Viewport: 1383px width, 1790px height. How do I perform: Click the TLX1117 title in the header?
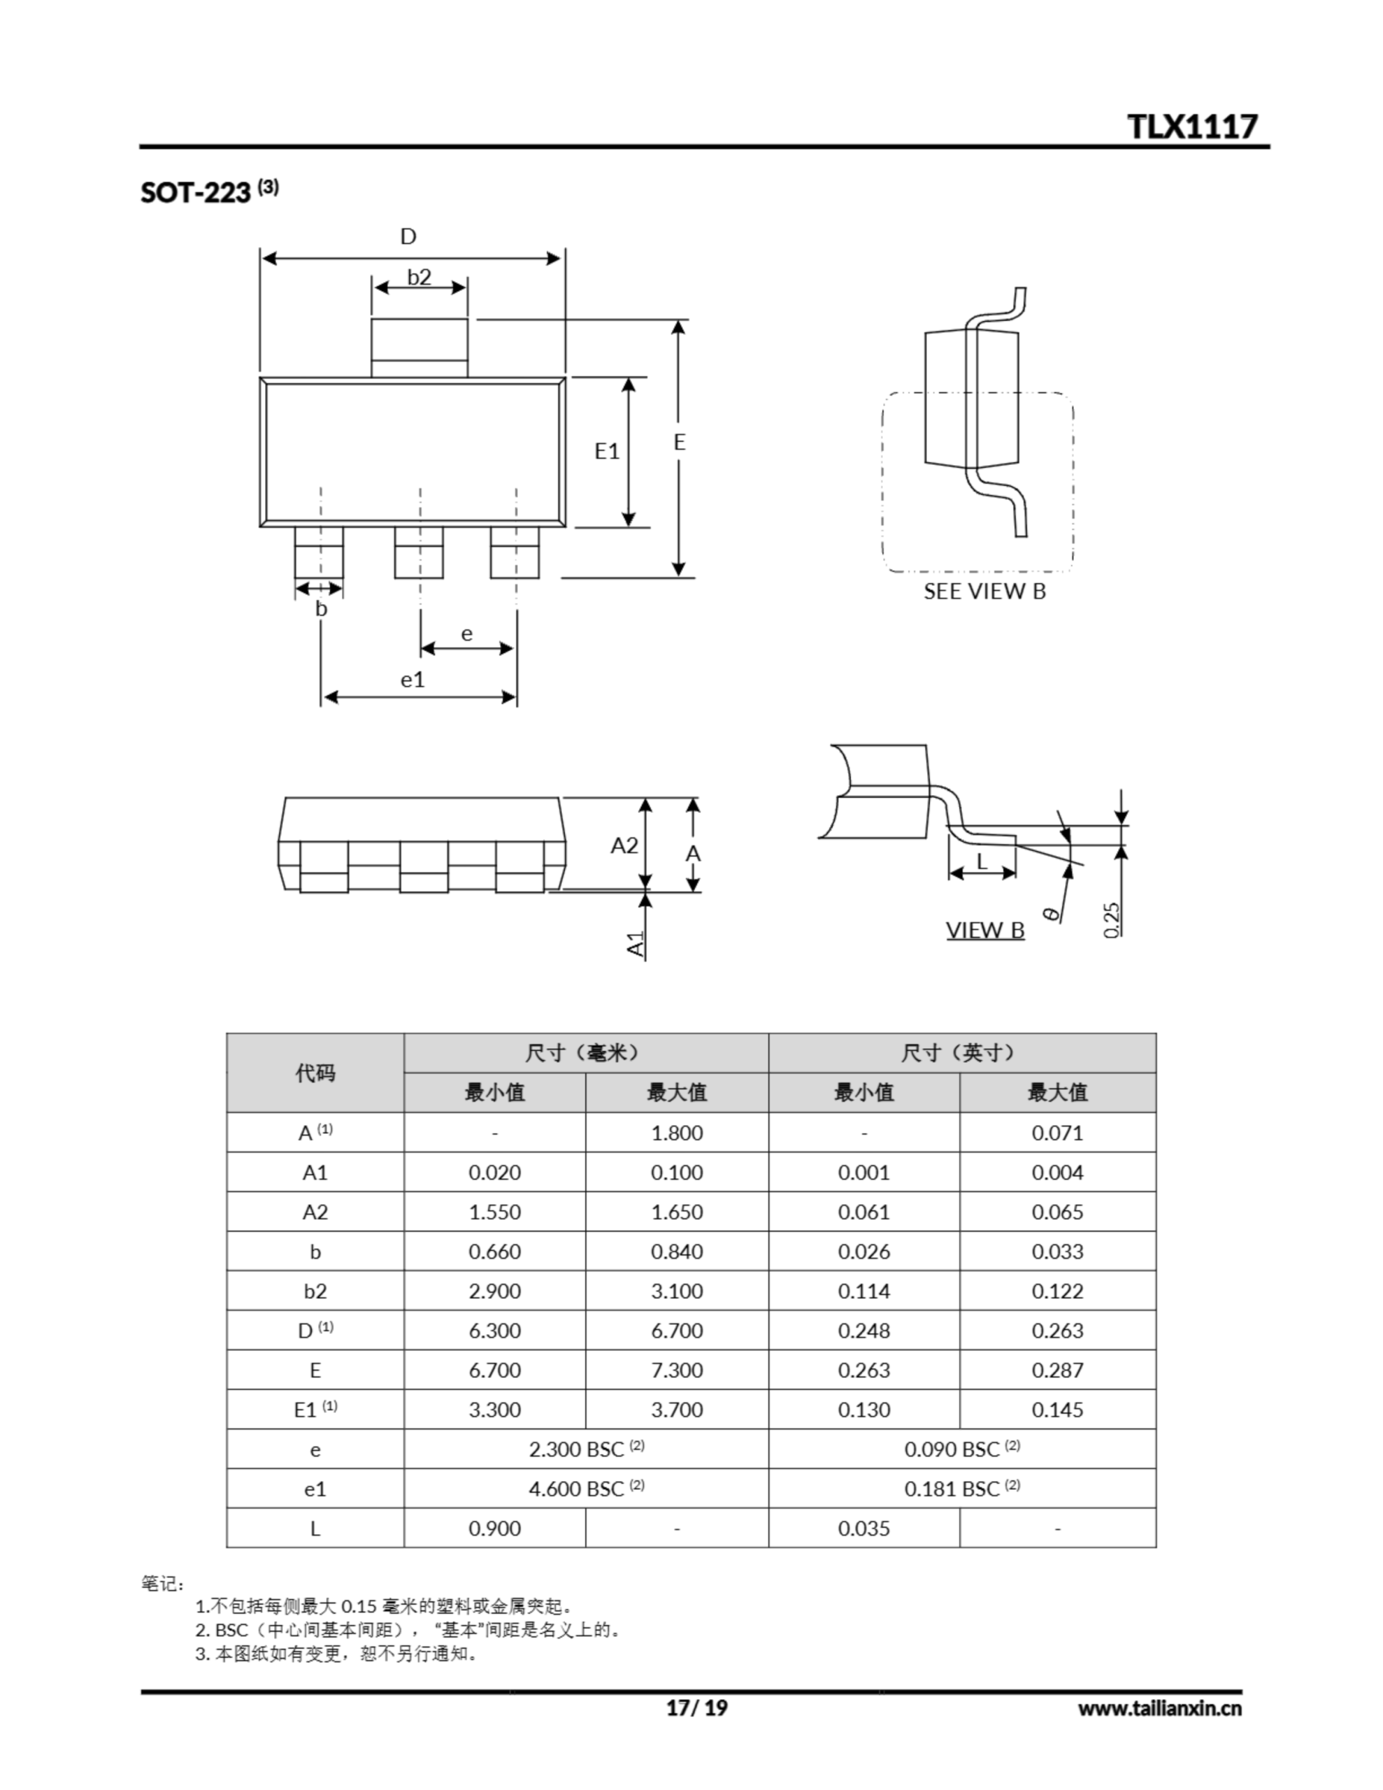(x=1191, y=127)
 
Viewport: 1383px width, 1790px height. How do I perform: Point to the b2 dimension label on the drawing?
(x=419, y=277)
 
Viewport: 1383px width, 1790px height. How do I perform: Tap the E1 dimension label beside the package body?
(x=607, y=451)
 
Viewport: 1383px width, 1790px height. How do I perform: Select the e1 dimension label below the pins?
(x=413, y=680)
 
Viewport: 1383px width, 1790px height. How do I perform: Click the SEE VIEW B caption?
(x=984, y=592)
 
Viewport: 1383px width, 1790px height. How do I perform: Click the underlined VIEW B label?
(x=984, y=930)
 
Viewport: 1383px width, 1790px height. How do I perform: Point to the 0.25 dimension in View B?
(x=1112, y=919)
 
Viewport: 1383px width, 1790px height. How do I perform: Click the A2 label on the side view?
(x=624, y=845)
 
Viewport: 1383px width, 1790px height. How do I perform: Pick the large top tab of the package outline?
(x=419, y=348)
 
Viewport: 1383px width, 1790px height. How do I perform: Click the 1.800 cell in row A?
(x=676, y=1133)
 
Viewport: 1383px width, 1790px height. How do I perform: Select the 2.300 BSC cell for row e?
(x=585, y=1449)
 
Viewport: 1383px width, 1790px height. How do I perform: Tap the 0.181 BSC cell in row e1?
(x=961, y=1489)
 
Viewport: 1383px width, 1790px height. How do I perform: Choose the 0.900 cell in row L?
(x=494, y=1528)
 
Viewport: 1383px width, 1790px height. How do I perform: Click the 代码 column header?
(x=315, y=1073)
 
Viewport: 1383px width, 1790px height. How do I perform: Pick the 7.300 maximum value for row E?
(x=676, y=1370)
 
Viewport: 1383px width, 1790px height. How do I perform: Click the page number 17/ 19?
(x=696, y=1707)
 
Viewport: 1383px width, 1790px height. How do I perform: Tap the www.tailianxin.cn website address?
(x=1159, y=1708)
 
